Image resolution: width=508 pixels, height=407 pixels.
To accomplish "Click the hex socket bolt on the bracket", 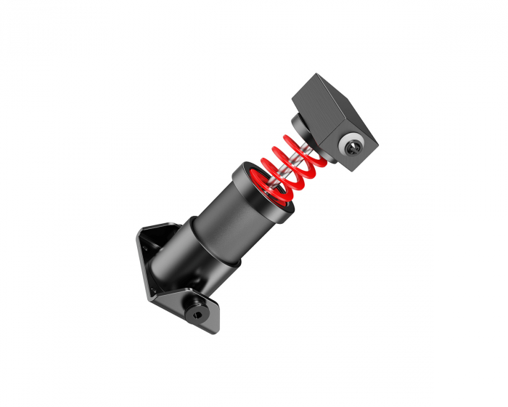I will [x=198, y=313].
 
